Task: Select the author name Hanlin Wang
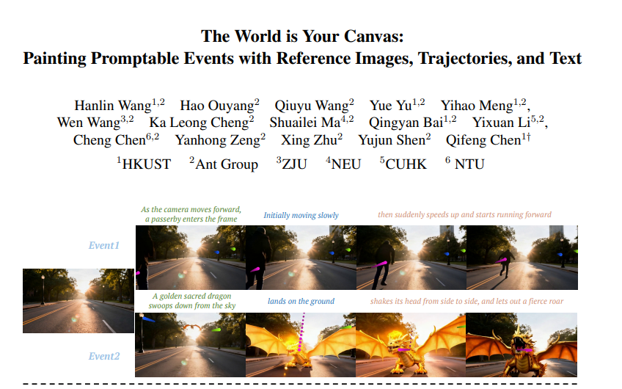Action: tap(113, 106)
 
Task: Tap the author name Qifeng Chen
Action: tap(483, 140)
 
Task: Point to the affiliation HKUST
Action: tap(147, 164)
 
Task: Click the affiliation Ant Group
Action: tap(227, 164)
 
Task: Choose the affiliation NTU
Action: tap(469, 164)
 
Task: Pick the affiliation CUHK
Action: tap(406, 164)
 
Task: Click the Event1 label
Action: tap(104, 245)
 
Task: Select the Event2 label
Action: tap(104, 356)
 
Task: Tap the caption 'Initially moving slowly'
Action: tap(301, 215)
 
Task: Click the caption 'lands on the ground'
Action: tap(301, 301)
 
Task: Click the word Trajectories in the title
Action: tap(464, 59)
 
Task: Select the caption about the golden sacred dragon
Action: tap(192, 301)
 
